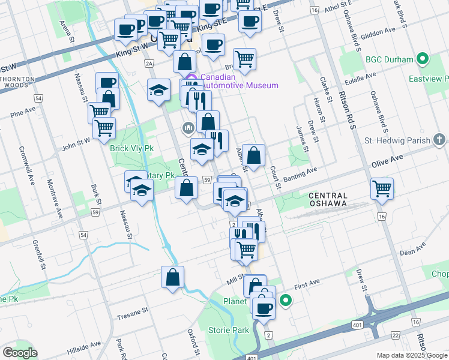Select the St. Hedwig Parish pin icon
[440, 141]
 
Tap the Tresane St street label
[133, 313]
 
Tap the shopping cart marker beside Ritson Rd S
[382, 188]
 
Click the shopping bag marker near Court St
[255, 155]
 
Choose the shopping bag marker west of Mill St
[172, 277]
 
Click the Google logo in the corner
[19, 353]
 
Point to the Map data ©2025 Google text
[411, 355]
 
